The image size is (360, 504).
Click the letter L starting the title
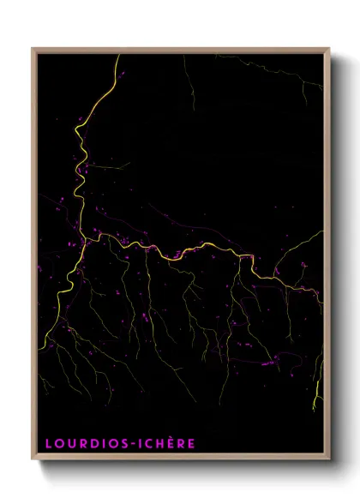(x=49, y=444)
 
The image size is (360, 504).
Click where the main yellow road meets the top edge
(x=118, y=56)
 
